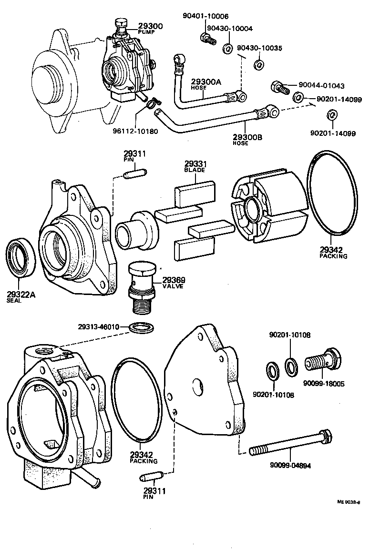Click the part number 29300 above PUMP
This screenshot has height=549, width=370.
coord(150,26)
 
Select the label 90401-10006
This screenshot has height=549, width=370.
coord(205,16)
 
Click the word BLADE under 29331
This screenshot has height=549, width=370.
coord(194,170)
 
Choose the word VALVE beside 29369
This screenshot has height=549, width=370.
coord(173,286)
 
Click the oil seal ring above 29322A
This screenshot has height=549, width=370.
coord(20,260)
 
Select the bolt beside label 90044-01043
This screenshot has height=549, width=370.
coord(281,87)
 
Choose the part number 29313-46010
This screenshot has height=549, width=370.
coord(102,327)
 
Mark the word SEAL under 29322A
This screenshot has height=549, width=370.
coord(14,301)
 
